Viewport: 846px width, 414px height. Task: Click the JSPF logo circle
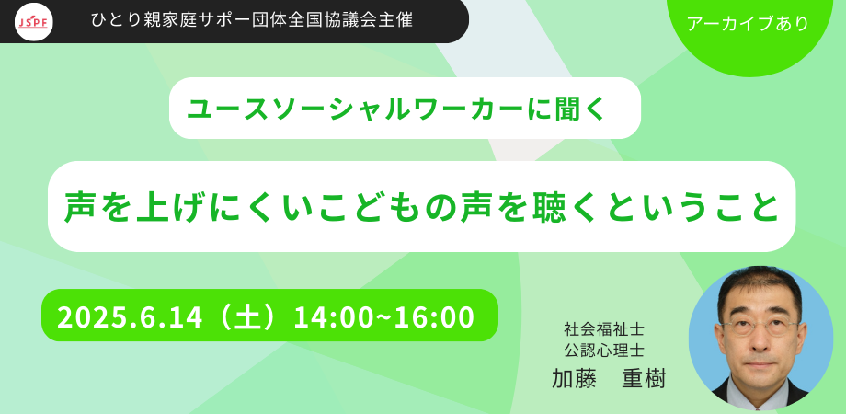point(35,20)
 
